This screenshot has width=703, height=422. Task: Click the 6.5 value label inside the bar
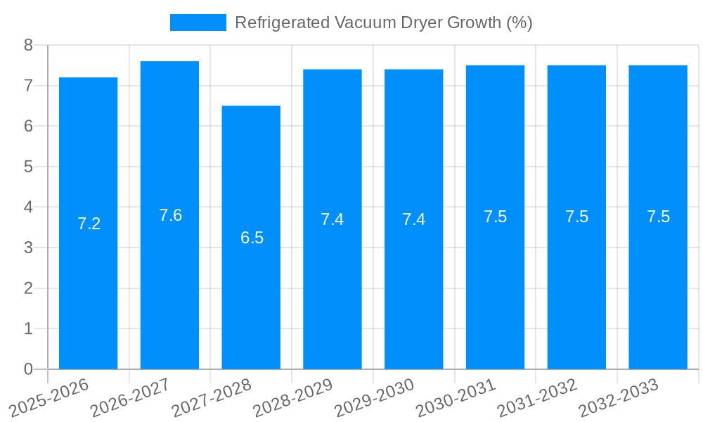(x=252, y=238)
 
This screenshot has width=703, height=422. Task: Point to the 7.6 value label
(x=170, y=215)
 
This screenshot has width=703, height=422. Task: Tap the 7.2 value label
(x=89, y=224)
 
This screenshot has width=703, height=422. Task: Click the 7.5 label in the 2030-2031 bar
(x=495, y=217)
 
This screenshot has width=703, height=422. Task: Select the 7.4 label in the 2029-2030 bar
(x=413, y=219)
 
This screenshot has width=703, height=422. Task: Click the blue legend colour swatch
(x=198, y=23)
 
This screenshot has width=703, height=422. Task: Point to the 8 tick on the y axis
(x=28, y=45)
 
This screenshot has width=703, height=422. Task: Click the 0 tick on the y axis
(x=28, y=369)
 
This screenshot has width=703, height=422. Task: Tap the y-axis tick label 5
(x=28, y=167)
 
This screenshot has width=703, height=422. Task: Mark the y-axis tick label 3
(x=28, y=248)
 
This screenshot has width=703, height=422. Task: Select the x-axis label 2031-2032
(x=538, y=398)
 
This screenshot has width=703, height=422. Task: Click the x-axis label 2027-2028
(x=212, y=398)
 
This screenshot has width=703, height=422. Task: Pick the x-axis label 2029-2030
(x=375, y=398)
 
